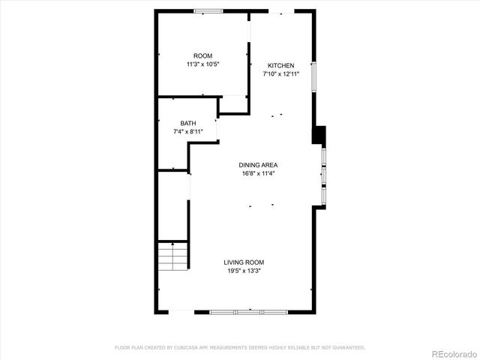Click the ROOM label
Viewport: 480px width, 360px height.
click(202, 56)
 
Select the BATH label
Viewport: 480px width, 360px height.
click(187, 123)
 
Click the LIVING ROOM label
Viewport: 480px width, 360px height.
click(244, 262)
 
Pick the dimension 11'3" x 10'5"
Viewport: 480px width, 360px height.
click(202, 65)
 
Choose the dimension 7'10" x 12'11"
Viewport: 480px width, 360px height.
click(281, 74)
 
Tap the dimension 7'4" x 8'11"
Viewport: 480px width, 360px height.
click(187, 132)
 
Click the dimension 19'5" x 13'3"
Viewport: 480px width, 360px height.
click(244, 271)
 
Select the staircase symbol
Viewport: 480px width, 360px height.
click(172, 257)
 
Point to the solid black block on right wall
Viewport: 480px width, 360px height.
click(319, 135)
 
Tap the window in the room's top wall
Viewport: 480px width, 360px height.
click(208, 10)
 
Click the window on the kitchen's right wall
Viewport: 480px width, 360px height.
click(315, 76)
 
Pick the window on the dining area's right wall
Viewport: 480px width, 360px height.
click(323, 176)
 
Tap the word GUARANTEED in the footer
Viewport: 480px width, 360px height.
click(346, 347)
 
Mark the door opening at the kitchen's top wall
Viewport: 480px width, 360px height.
click(282, 11)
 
